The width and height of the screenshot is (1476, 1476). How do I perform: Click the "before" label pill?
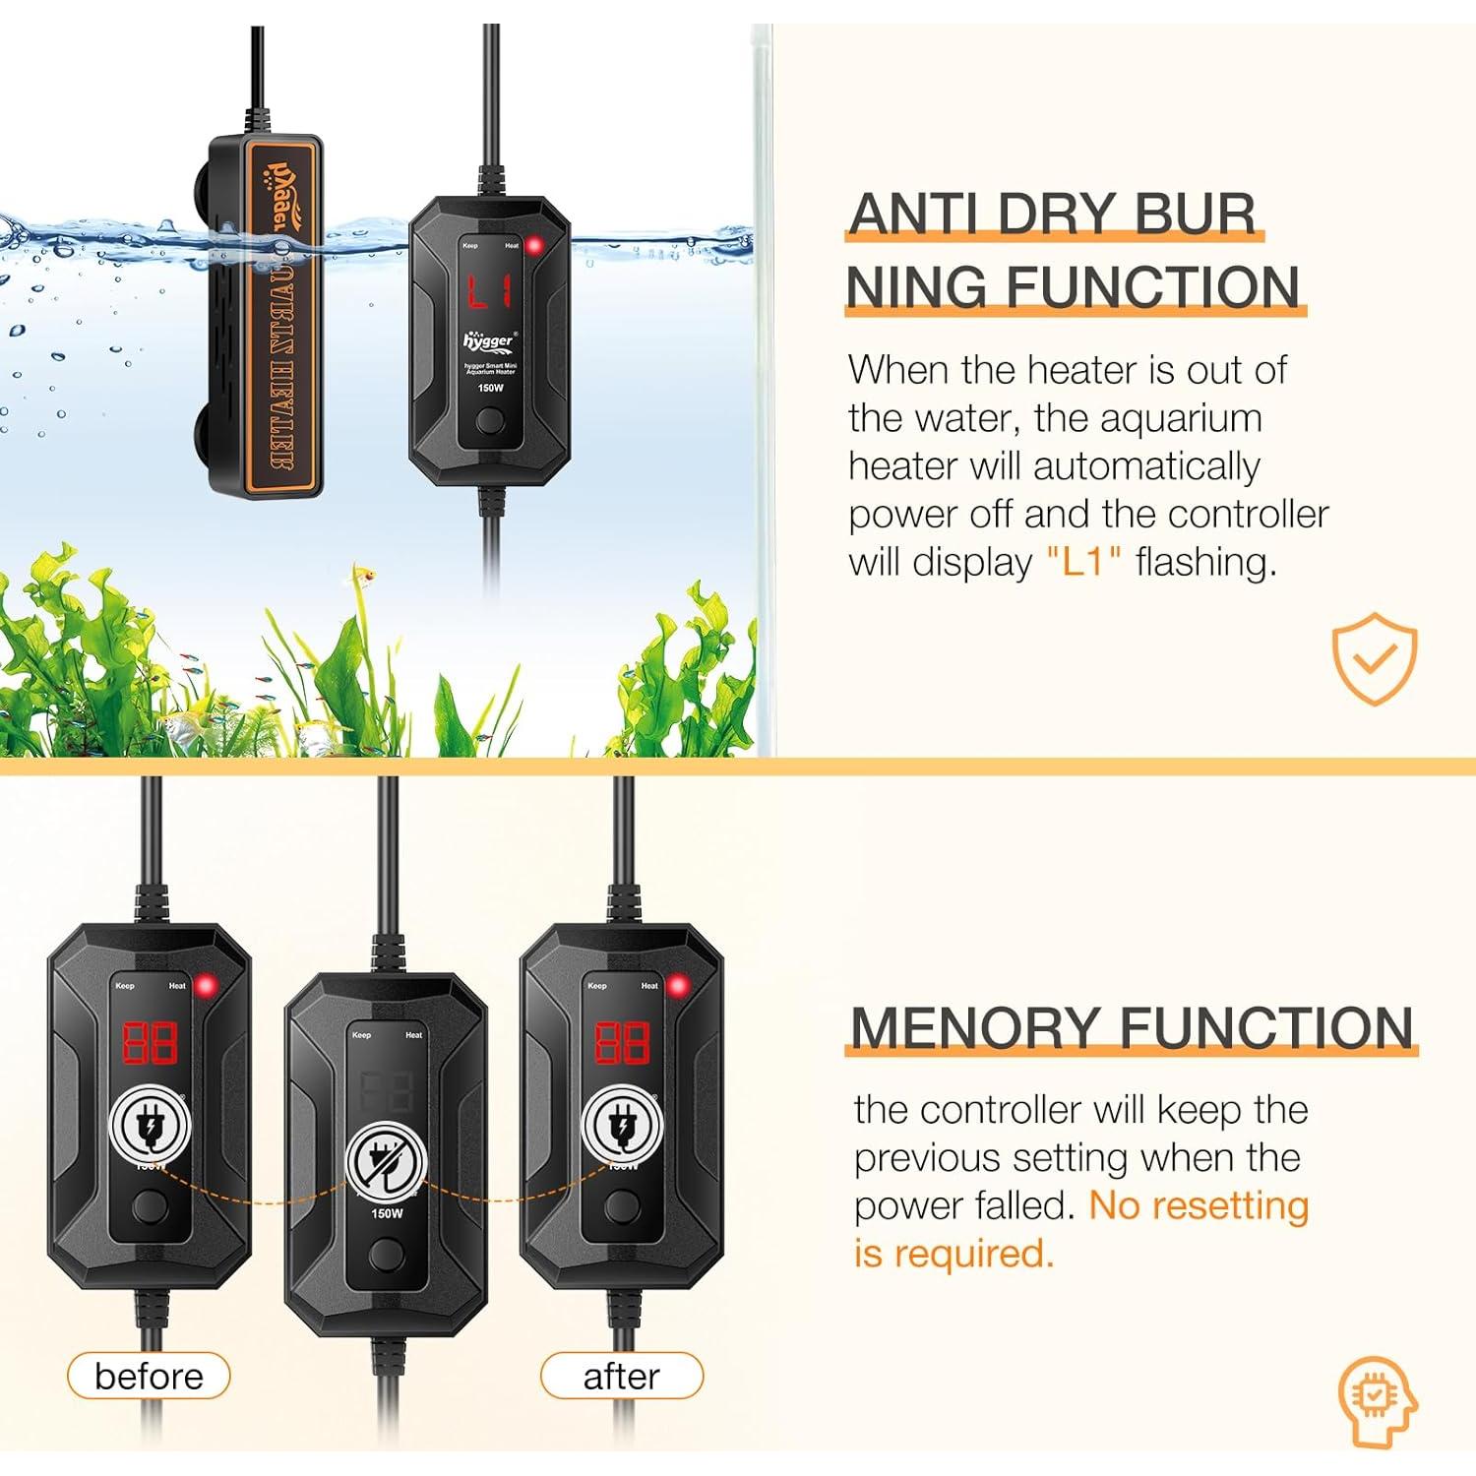point(149,1376)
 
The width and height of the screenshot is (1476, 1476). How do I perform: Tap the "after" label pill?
point(621,1376)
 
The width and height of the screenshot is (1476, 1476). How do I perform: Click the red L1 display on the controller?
point(489,291)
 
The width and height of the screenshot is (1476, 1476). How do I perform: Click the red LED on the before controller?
point(206,985)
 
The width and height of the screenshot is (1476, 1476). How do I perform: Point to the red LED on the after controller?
point(677,985)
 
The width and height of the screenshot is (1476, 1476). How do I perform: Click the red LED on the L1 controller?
point(535,246)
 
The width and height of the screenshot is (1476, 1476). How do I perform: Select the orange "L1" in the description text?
point(1083,562)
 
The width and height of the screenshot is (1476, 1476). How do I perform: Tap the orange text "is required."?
point(953,1253)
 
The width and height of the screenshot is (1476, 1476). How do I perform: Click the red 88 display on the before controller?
point(150,1042)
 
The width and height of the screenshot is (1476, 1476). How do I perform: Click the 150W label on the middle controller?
point(387,1213)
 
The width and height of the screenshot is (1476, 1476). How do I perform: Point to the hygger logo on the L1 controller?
point(488,340)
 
